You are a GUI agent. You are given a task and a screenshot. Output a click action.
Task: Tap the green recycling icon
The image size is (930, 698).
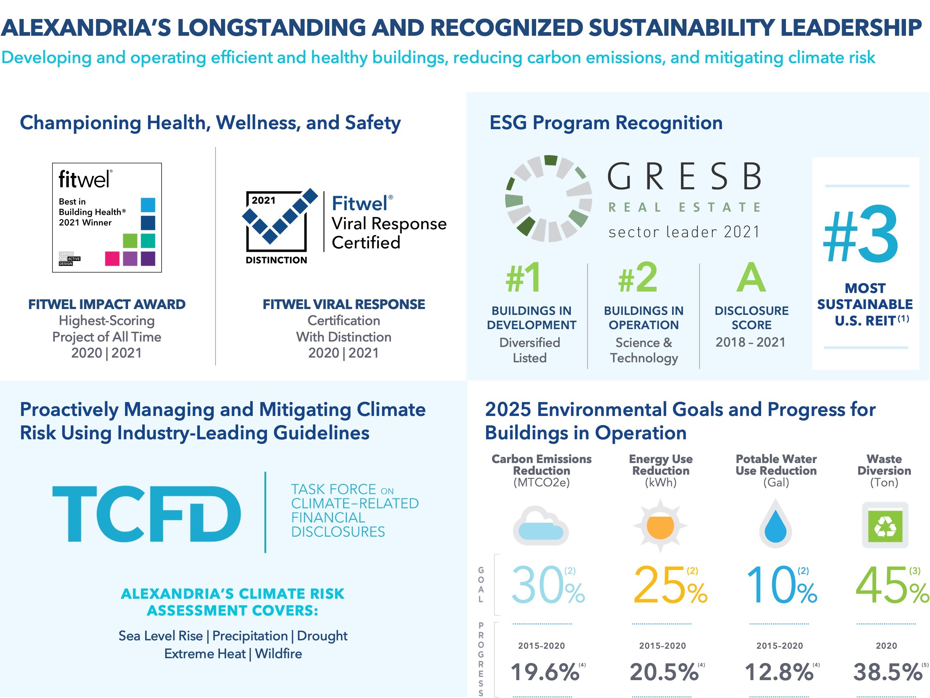pos(885,525)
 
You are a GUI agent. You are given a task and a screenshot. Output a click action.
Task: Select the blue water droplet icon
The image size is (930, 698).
pos(776,524)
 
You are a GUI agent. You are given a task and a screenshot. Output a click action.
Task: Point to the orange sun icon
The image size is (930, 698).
pos(660,525)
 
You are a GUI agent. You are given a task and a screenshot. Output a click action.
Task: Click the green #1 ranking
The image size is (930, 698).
pos(523,278)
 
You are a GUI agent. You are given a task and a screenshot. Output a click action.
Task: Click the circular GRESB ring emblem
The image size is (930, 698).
pos(548,198)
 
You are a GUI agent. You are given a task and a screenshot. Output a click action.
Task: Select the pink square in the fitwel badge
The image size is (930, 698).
pos(112,258)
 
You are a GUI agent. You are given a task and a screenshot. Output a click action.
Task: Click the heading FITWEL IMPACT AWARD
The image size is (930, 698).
pos(107,304)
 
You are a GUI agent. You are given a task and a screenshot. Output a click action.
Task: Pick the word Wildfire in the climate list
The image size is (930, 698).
pos(278,653)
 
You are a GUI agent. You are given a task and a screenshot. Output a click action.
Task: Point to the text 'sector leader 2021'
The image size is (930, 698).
pos(684,232)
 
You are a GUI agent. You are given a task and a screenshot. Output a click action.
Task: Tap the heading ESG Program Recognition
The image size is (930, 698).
pos(606,123)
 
